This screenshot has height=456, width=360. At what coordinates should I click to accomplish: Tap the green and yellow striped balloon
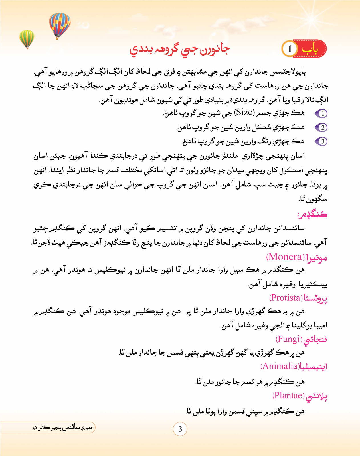click(27, 38)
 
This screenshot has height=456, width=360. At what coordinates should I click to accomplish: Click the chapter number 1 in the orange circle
click(290, 49)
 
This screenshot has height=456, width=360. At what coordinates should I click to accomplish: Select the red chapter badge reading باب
click(310, 49)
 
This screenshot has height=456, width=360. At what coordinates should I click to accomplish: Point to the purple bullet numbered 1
click(321, 114)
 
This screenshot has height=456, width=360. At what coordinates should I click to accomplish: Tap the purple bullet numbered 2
click(321, 127)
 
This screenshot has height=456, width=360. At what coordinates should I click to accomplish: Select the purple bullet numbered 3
click(321, 141)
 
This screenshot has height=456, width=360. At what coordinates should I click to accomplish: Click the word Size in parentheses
click(244, 113)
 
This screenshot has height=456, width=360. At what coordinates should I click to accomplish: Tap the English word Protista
click(286, 298)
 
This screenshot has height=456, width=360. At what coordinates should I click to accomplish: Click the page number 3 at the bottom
click(180, 429)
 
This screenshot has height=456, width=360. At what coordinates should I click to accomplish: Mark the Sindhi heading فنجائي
click(315, 340)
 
